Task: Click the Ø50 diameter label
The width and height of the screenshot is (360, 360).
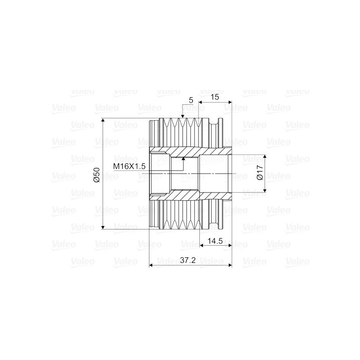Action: coord(97,175)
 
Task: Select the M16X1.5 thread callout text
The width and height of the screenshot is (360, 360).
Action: coord(129,166)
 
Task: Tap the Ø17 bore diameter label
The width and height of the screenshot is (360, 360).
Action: coord(260,173)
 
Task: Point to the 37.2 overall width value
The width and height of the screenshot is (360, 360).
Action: coord(188,260)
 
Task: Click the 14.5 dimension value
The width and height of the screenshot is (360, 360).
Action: coord(215,241)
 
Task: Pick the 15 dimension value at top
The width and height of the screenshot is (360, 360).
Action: coord(215,97)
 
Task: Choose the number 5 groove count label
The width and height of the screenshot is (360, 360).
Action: coord(191,100)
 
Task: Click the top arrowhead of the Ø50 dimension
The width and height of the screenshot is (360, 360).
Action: coord(103,120)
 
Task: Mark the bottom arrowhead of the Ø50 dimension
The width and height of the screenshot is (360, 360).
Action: coord(103,227)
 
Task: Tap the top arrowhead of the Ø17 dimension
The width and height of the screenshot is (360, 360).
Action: coord(265,157)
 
